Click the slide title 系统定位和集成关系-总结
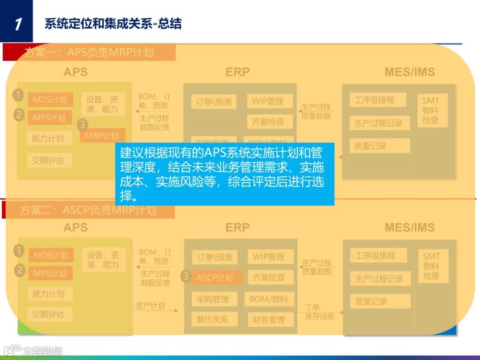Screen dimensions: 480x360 (113, 24)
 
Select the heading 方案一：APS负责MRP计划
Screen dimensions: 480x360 (89, 52)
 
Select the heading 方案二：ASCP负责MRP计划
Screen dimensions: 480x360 (88, 210)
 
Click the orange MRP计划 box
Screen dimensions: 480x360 (102, 136)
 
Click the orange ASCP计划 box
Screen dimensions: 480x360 (215, 278)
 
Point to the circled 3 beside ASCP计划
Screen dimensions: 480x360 (186, 276)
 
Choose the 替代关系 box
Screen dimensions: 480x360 (213, 319)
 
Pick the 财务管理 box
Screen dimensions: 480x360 (269, 319)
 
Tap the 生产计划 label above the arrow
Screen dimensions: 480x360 (150, 306)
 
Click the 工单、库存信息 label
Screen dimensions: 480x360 (320, 312)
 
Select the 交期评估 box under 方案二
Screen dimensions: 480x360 (48, 314)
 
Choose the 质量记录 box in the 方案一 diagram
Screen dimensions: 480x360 (371, 146)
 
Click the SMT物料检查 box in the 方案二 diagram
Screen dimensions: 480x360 (431, 266)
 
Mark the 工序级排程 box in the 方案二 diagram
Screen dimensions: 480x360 (375, 256)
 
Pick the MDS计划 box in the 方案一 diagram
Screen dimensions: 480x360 (50, 100)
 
